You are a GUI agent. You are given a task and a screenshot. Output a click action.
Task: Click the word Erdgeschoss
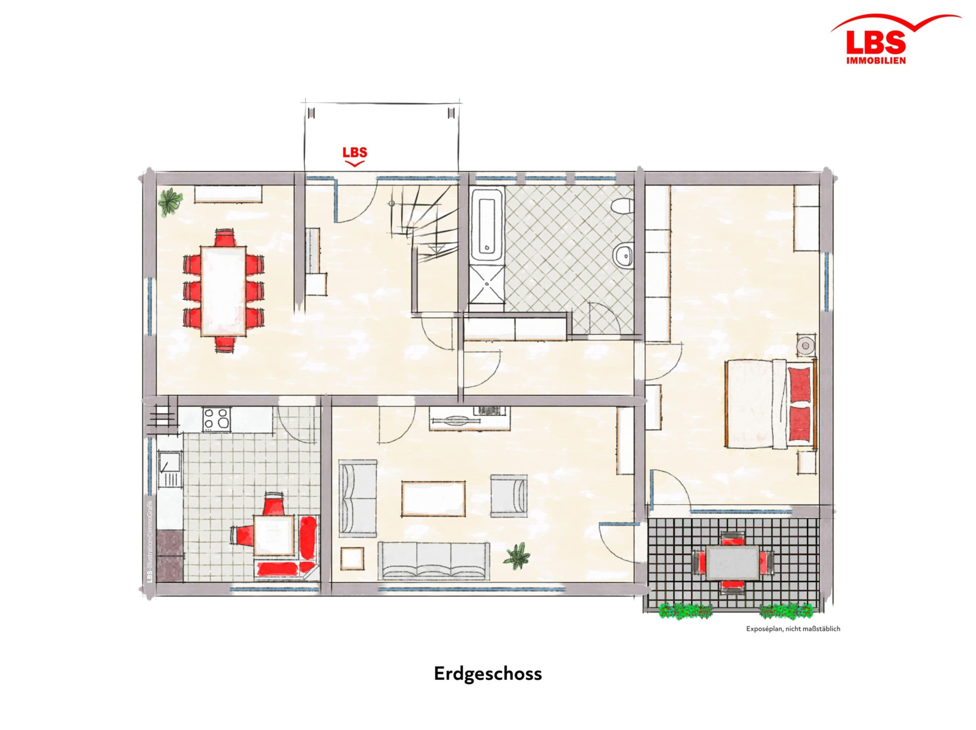click(488, 674)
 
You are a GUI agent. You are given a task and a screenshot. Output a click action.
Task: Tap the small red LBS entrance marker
click(355, 156)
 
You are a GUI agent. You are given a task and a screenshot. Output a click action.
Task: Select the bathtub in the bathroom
click(487, 226)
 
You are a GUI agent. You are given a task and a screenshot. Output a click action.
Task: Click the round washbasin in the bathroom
click(623, 255)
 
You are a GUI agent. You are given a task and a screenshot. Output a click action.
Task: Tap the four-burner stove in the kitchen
click(217, 419)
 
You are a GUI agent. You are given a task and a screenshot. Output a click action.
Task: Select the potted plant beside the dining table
click(170, 201)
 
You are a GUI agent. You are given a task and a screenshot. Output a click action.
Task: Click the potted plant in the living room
click(517, 555)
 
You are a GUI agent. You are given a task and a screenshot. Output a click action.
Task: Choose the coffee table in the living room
click(433, 498)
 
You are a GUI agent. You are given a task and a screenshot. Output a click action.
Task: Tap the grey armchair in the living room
click(509, 495)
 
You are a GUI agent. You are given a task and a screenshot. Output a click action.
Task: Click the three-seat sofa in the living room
click(433, 560)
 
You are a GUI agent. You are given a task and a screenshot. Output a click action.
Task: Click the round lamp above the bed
click(806, 345)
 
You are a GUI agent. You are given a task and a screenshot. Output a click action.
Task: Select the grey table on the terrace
click(732, 563)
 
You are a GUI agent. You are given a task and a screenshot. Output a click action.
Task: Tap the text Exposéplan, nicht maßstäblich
click(793, 629)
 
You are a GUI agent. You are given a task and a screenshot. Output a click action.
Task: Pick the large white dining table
click(223, 291)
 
